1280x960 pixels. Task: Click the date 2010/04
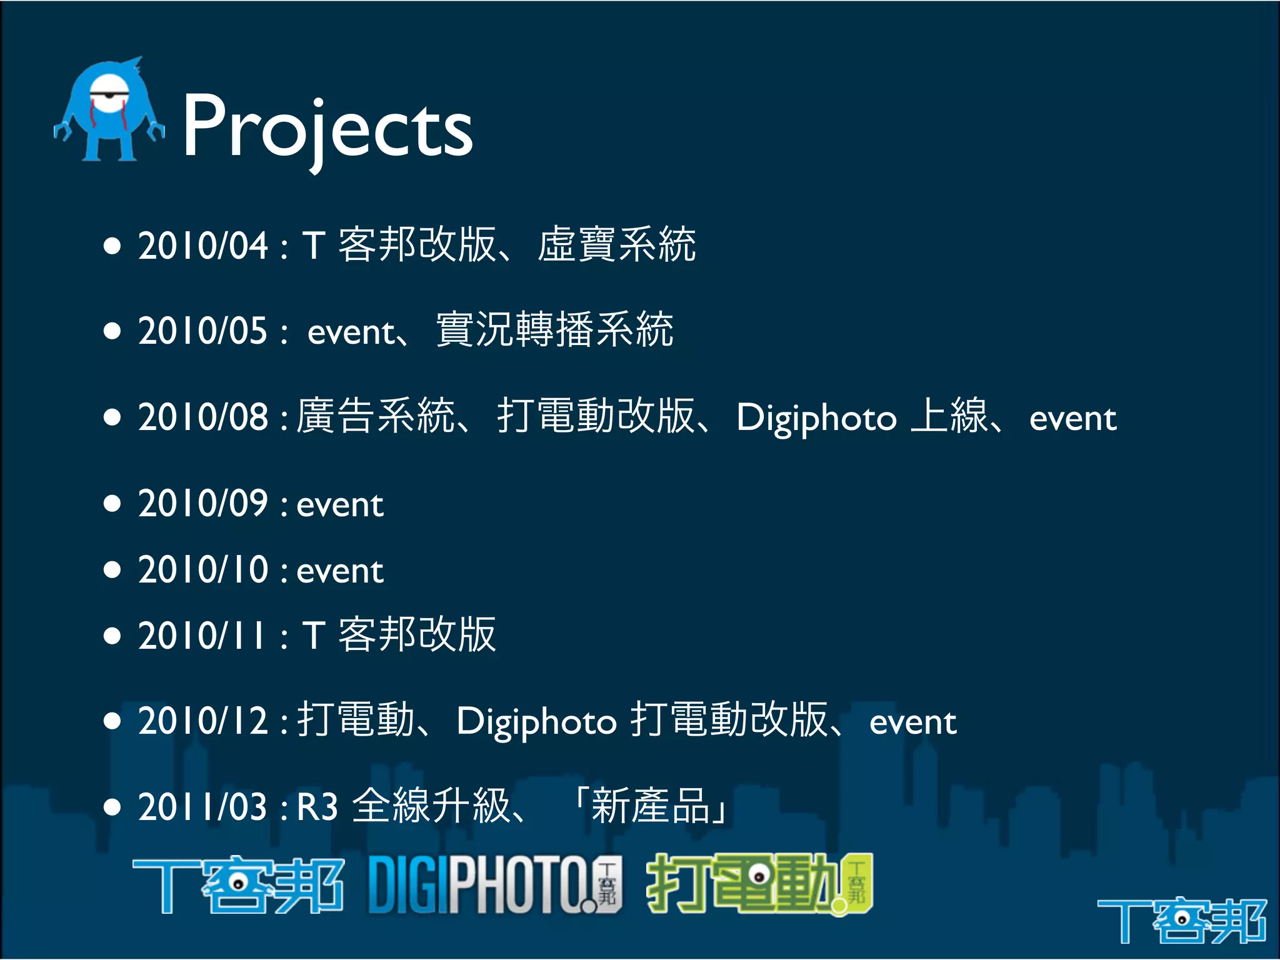[202, 245]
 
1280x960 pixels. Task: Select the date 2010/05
[202, 331]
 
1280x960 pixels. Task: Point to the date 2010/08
[202, 417]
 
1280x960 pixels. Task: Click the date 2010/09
[202, 503]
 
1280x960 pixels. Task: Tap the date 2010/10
[202, 569]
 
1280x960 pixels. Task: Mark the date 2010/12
[202, 721]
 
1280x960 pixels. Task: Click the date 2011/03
[202, 807]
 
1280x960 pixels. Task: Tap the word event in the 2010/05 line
[351, 332]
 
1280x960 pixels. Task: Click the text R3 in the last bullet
[317, 807]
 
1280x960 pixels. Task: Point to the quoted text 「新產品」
[650, 806]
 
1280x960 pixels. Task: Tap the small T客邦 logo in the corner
[1181, 919]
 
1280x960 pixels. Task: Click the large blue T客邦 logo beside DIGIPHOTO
[238, 884]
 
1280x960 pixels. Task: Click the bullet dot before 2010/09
[112, 503]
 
